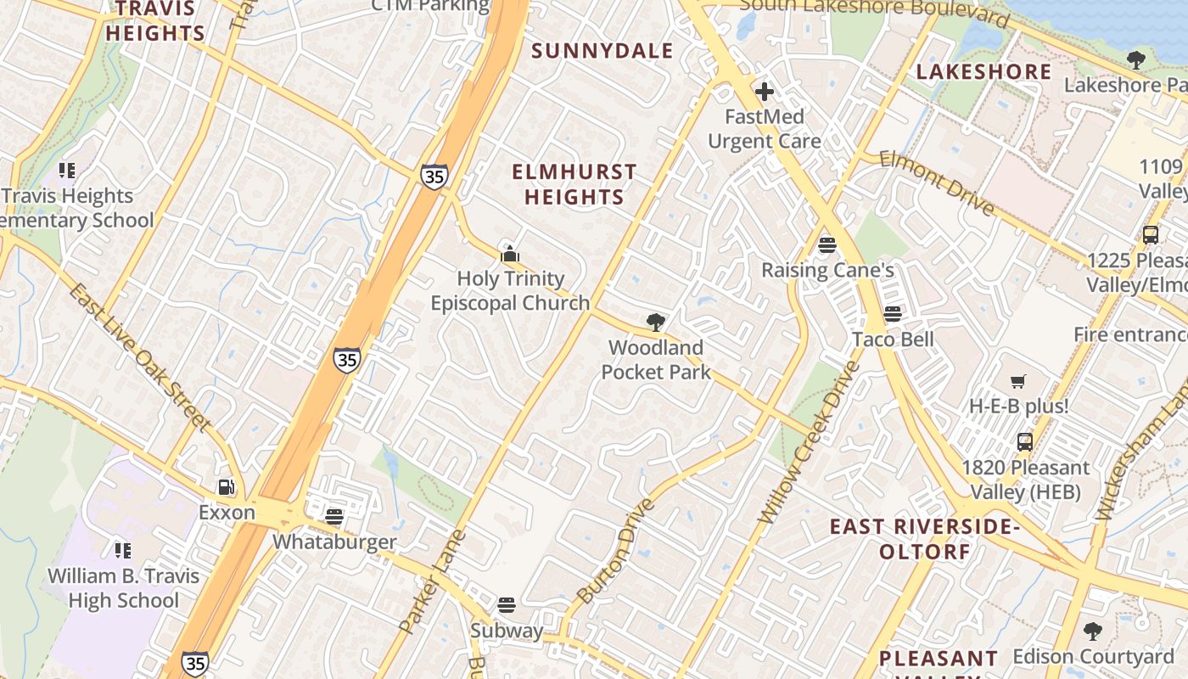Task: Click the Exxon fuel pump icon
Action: pos(226,487)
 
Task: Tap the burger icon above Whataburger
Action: pos(334,516)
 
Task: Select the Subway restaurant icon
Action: pos(507,605)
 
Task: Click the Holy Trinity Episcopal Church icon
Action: pos(510,253)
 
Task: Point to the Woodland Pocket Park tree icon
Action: pos(655,323)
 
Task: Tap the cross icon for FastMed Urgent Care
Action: pos(765,91)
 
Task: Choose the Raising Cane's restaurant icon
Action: pos(827,245)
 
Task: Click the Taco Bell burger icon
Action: pos(892,314)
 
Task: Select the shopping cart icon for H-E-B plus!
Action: pos(1018,381)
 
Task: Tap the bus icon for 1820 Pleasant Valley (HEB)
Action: pos(1025,442)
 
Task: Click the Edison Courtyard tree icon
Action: pos(1093,631)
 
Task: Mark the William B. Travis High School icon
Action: pos(123,551)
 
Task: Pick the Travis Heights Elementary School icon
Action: pos(67,171)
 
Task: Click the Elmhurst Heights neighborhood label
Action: pos(574,184)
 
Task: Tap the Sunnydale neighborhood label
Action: pos(602,51)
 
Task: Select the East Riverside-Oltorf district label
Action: pos(925,539)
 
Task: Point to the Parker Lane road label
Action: pos(432,582)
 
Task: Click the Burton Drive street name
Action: pos(616,550)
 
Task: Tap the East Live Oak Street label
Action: pos(139,357)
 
